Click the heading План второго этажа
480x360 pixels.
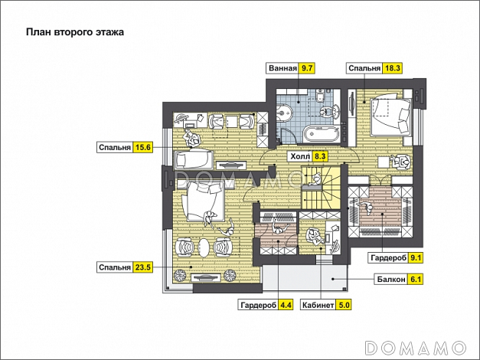click(x=75, y=32)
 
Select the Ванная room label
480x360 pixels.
click(x=282, y=68)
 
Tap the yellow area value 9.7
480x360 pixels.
click(x=307, y=68)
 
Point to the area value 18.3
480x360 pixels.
click(x=393, y=68)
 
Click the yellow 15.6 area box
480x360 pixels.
click(x=143, y=147)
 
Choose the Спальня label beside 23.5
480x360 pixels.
click(x=115, y=267)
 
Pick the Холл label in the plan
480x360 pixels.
click(x=300, y=156)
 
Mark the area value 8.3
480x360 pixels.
click(x=320, y=156)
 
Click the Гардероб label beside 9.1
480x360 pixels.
click(x=388, y=258)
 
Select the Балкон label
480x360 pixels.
click(x=391, y=280)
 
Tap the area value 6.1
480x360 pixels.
click(x=416, y=280)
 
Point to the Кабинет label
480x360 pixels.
click(x=318, y=305)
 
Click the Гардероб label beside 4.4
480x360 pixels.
click(x=258, y=305)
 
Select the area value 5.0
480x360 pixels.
click(x=344, y=305)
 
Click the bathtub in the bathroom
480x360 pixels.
click(x=321, y=133)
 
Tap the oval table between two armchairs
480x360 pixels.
click(x=204, y=247)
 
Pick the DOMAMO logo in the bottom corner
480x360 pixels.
click(x=416, y=348)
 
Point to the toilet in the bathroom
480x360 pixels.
click(x=320, y=97)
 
